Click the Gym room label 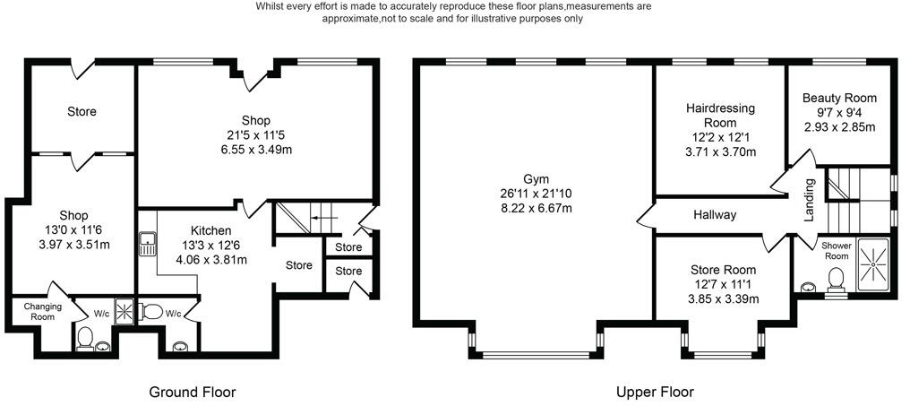(536, 177)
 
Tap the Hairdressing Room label (720, 116)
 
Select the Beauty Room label (839, 98)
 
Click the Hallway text (714, 215)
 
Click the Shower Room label (835, 251)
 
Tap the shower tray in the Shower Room (873, 265)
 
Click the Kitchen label (211, 230)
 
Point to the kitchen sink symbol (147, 245)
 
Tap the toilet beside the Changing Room (86, 338)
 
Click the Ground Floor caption (193, 392)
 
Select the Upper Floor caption (655, 392)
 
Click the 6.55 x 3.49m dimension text (256, 150)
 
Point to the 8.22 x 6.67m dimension (536, 208)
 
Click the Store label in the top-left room (82, 112)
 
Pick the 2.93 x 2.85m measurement (839, 126)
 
